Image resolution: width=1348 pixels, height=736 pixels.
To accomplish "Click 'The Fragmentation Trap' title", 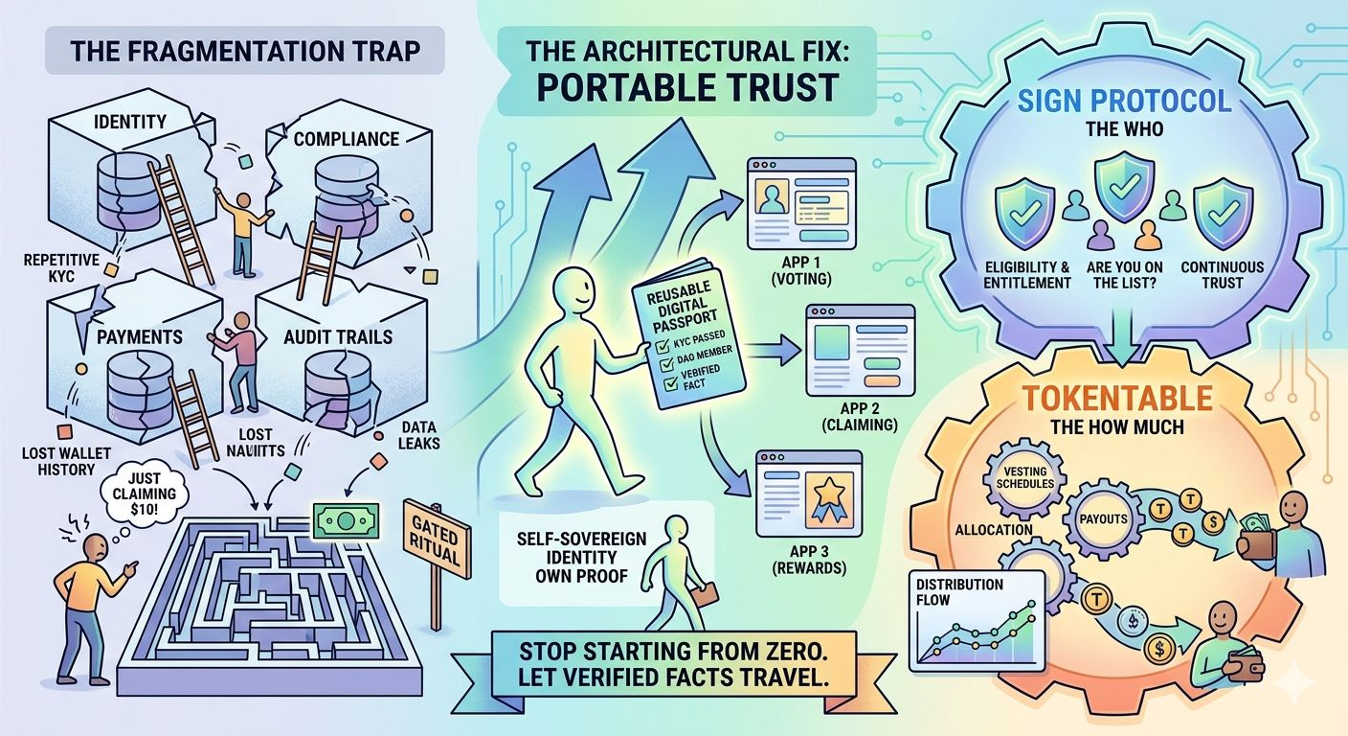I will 246,51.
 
